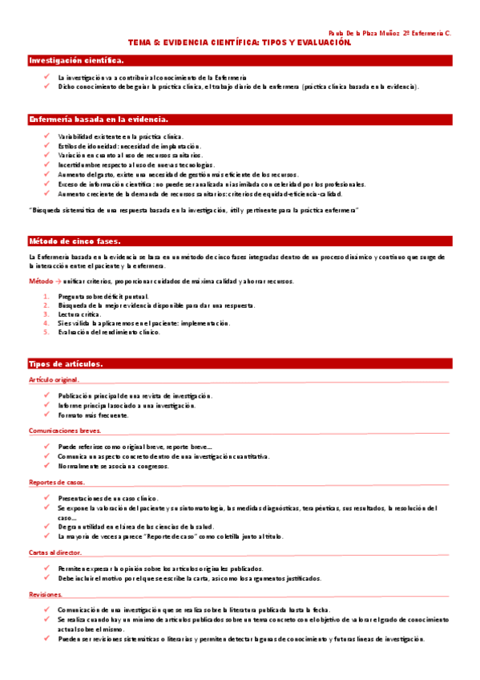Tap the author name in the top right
coord(389,34)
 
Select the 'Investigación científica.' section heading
coord(76,60)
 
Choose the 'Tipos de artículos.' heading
coord(65,364)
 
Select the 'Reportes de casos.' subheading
coord(56,482)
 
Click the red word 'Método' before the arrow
coord(40,281)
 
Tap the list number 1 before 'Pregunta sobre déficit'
coord(46,297)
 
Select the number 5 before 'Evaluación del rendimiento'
coord(46,332)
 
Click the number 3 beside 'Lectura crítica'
coord(46,314)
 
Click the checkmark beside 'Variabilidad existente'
coord(47,136)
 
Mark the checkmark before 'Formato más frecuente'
coord(47,415)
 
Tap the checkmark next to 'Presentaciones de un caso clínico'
coord(47,498)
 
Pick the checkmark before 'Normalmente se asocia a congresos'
coord(47,466)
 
